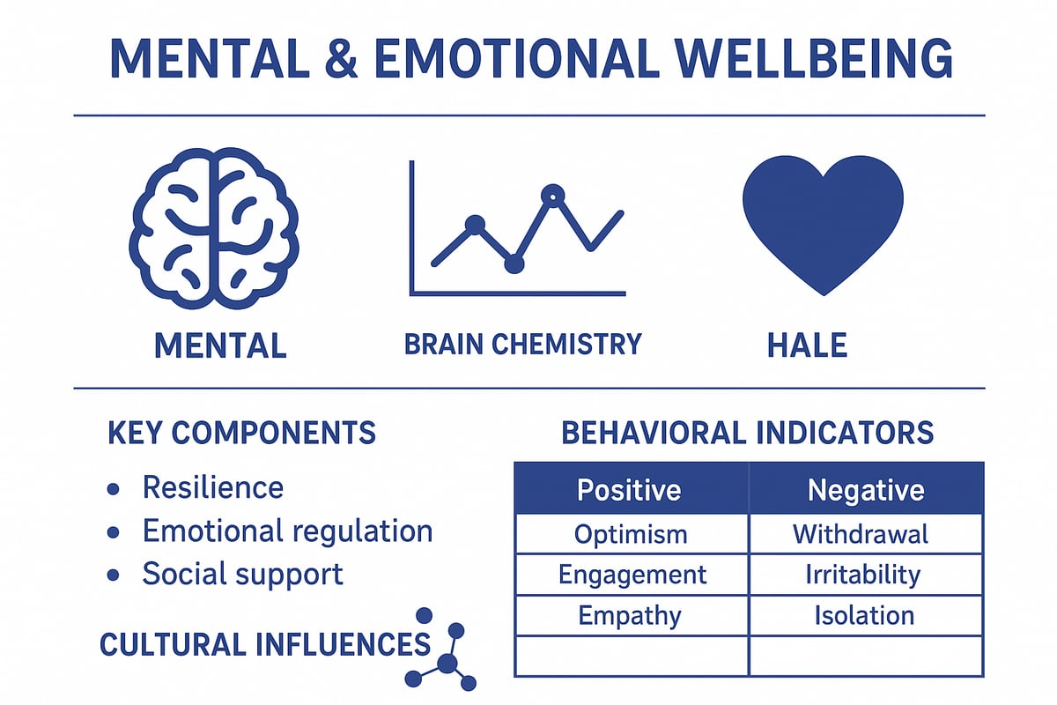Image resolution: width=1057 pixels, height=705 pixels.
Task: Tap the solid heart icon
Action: click(x=823, y=220)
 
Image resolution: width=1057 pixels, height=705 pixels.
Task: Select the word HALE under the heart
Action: click(x=807, y=345)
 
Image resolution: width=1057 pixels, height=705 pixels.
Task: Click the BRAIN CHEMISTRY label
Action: click(x=522, y=344)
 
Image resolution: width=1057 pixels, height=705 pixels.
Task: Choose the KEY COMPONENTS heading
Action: click(x=241, y=434)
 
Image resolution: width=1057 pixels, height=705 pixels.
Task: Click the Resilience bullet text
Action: click(x=212, y=487)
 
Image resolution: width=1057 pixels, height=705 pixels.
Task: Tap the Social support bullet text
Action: click(x=242, y=575)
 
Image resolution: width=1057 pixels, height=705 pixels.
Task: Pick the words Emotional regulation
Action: click(x=287, y=531)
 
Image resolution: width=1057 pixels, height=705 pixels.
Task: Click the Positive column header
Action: click(x=629, y=490)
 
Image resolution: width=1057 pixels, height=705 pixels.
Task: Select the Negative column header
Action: click(x=866, y=490)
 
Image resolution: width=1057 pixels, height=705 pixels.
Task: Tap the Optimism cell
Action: click(x=631, y=534)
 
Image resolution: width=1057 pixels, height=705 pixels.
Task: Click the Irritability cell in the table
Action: click(x=862, y=575)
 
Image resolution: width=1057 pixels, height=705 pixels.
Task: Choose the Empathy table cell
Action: click(x=630, y=615)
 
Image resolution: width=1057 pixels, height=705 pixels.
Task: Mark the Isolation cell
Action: click(x=864, y=615)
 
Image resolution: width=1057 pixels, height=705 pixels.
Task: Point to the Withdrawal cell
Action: click(x=861, y=534)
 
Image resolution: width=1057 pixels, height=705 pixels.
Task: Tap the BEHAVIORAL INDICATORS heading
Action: click(x=748, y=433)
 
